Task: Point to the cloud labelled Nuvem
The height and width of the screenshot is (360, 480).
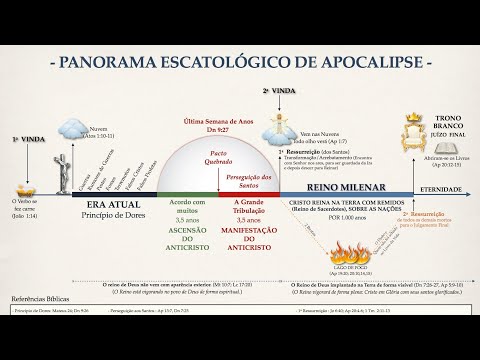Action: [73, 129]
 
